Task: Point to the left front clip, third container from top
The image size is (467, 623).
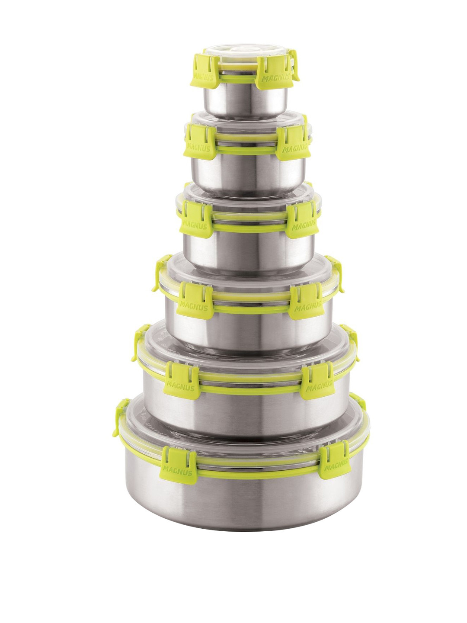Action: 196,219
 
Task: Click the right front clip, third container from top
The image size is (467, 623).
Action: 302,220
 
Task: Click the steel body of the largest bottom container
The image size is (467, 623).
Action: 242,502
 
